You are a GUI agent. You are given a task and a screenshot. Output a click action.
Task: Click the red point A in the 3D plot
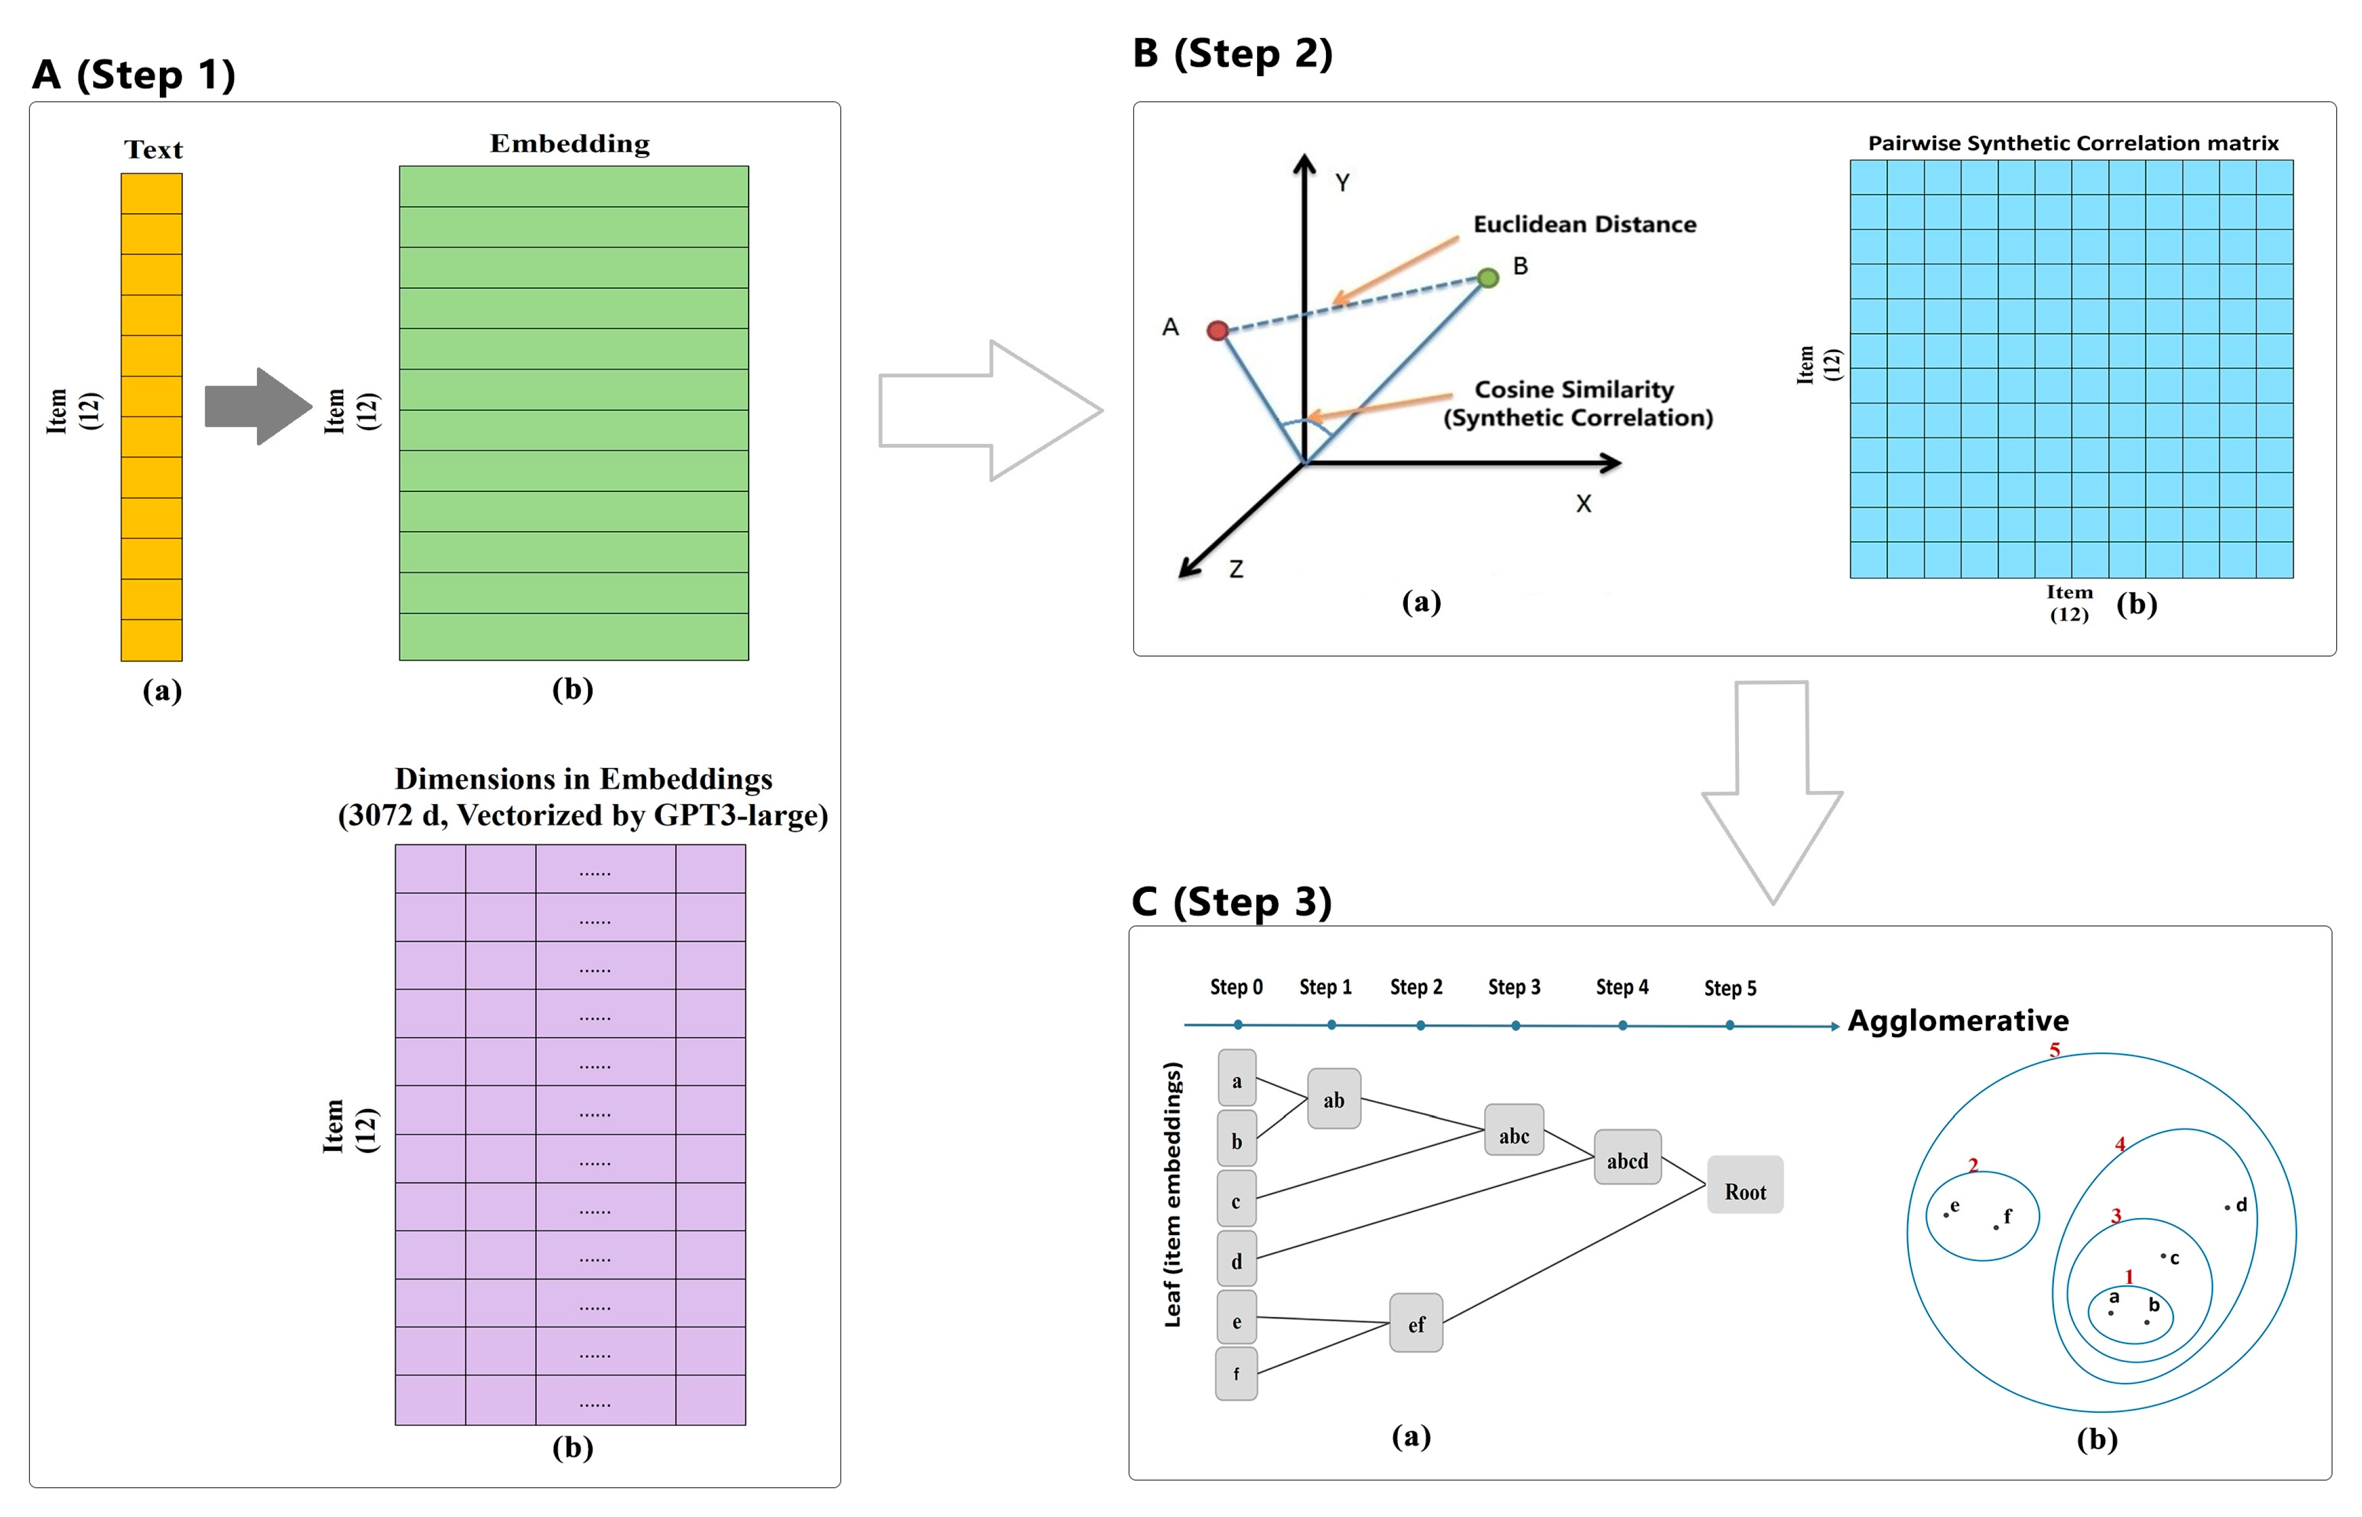(x=1217, y=330)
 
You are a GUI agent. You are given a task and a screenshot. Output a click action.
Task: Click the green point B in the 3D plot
(x=1488, y=278)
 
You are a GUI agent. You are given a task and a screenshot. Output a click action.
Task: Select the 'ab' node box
(x=1333, y=1098)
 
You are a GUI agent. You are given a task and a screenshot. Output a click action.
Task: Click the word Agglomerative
(x=1957, y=1020)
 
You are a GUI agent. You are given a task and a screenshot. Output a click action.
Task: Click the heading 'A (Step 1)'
(x=134, y=75)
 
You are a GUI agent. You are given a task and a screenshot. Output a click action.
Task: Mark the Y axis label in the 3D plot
(x=1341, y=182)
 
